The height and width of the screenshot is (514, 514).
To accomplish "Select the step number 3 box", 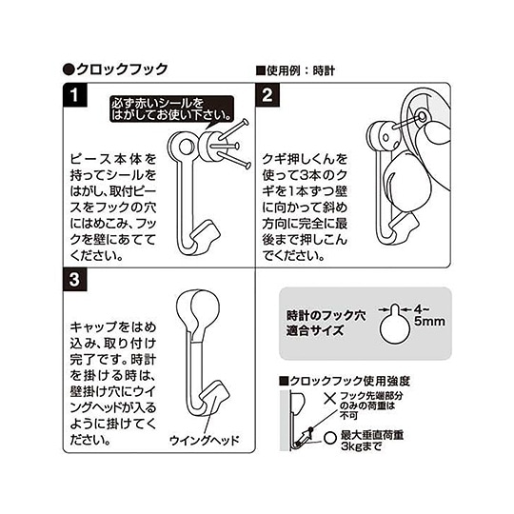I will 73,281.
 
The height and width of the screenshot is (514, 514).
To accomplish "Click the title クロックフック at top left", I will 115,69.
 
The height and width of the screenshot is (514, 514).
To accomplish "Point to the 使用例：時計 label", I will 294,70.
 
